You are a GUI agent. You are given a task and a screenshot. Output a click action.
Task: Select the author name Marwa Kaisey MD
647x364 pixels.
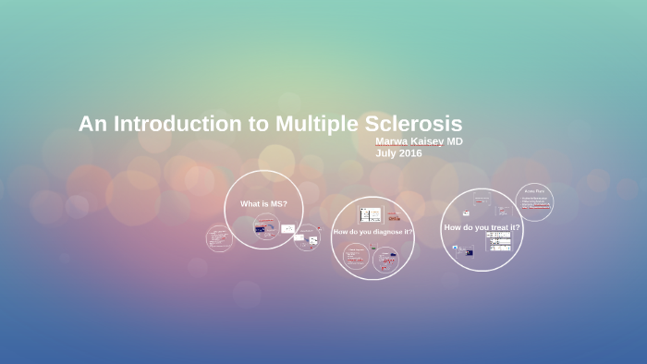pos(419,141)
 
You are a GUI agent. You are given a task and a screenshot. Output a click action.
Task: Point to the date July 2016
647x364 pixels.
pos(398,153)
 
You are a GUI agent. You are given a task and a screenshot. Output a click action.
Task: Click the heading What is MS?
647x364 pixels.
pos(263,203)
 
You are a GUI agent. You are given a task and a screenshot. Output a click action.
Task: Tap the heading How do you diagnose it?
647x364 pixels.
pos(372,231)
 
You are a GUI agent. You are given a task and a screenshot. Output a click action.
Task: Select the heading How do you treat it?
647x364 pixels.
pos(482,227)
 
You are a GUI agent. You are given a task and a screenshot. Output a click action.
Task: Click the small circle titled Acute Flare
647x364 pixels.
pos(534,202)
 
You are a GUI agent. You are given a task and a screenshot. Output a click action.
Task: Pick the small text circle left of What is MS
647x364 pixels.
pos(219,237)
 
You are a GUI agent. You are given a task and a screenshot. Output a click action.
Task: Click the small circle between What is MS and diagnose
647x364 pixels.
pos(308,239)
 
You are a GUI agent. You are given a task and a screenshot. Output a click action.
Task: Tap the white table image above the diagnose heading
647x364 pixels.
pos(370,214)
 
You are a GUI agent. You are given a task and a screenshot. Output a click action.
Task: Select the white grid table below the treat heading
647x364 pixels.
pos(499,241)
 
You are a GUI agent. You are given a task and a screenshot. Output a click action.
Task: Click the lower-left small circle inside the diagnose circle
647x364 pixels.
pos(355,256)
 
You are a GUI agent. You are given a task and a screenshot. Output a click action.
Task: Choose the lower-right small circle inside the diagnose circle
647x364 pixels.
pos(385,260)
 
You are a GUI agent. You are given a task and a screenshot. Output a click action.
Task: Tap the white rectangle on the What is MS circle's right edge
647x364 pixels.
pos(288,228)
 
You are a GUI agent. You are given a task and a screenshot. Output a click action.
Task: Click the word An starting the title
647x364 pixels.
pos(89,124)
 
